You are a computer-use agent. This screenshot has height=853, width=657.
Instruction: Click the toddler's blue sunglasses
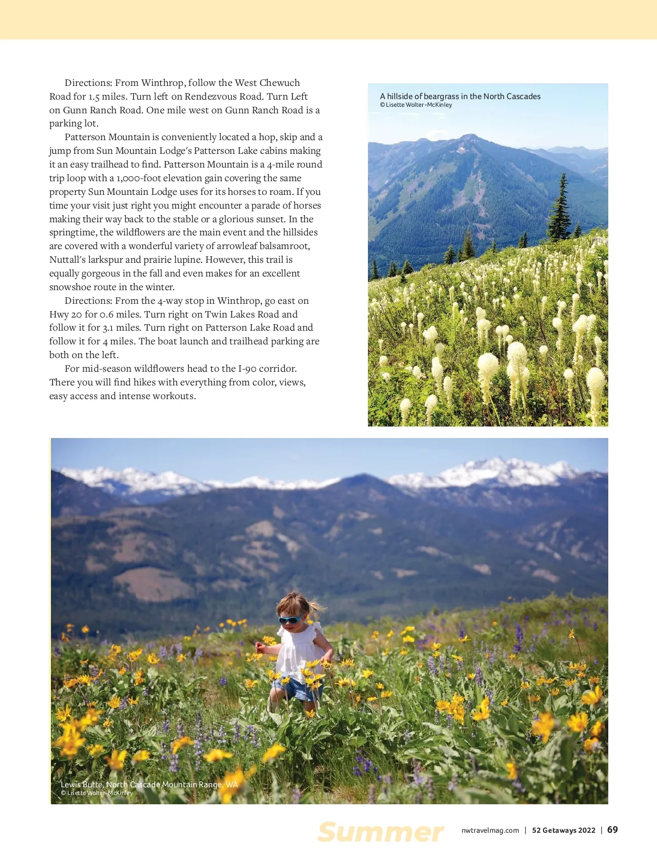[290, 619]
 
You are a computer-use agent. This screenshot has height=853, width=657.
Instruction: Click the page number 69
[613, 829]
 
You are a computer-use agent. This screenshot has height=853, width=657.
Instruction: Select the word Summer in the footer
[381, 832]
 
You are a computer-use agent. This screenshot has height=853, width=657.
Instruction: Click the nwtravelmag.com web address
[490, 830]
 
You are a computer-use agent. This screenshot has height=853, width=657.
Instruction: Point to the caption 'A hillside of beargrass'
[460, 96]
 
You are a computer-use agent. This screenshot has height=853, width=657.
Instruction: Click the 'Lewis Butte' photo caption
[149, 785]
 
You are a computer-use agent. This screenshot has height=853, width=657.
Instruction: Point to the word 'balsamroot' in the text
[285, 246]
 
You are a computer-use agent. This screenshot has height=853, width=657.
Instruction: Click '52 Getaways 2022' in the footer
[563, 830]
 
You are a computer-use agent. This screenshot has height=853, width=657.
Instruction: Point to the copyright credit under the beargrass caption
[416, 105]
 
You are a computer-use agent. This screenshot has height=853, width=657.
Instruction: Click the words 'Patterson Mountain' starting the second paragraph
[107, 137]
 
